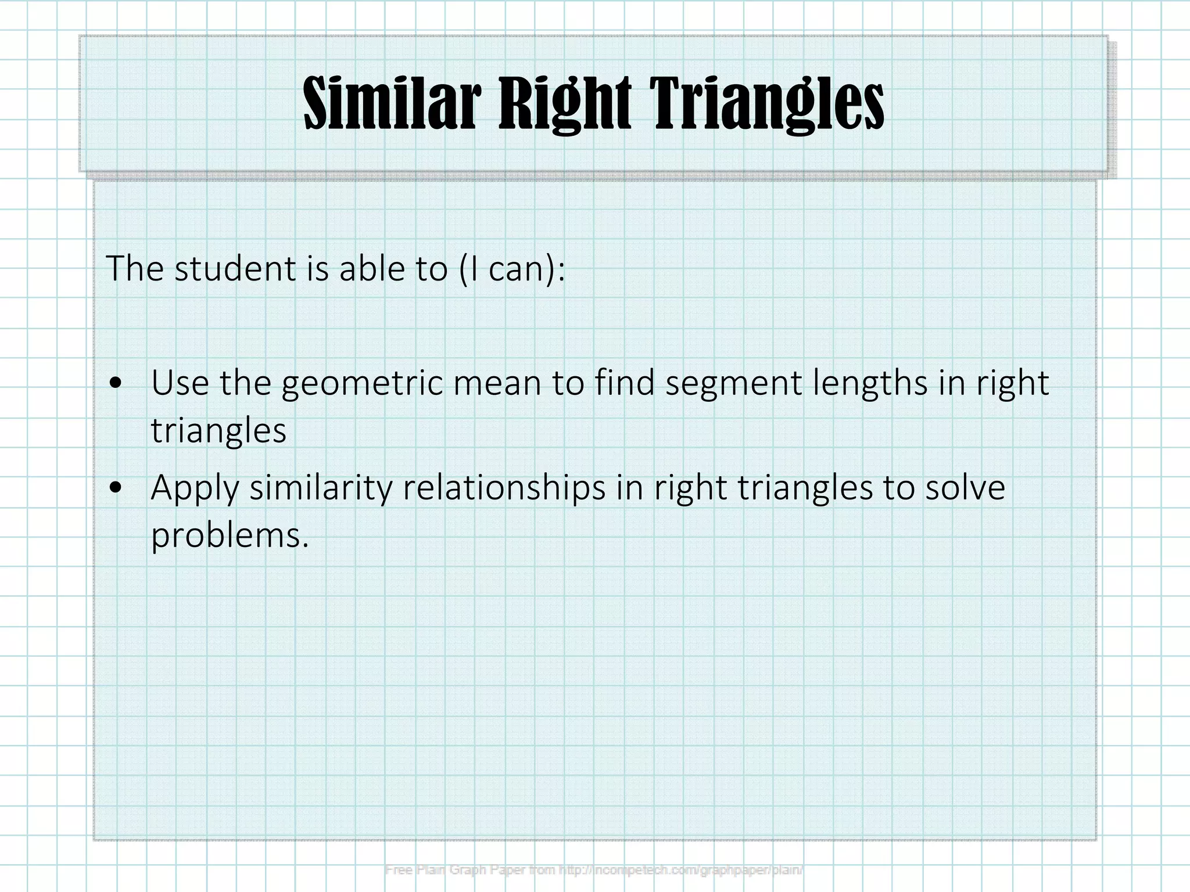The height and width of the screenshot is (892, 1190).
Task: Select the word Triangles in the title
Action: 766,105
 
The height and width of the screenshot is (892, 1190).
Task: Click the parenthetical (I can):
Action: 511,269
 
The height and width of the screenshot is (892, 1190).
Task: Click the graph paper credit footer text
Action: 594,870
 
